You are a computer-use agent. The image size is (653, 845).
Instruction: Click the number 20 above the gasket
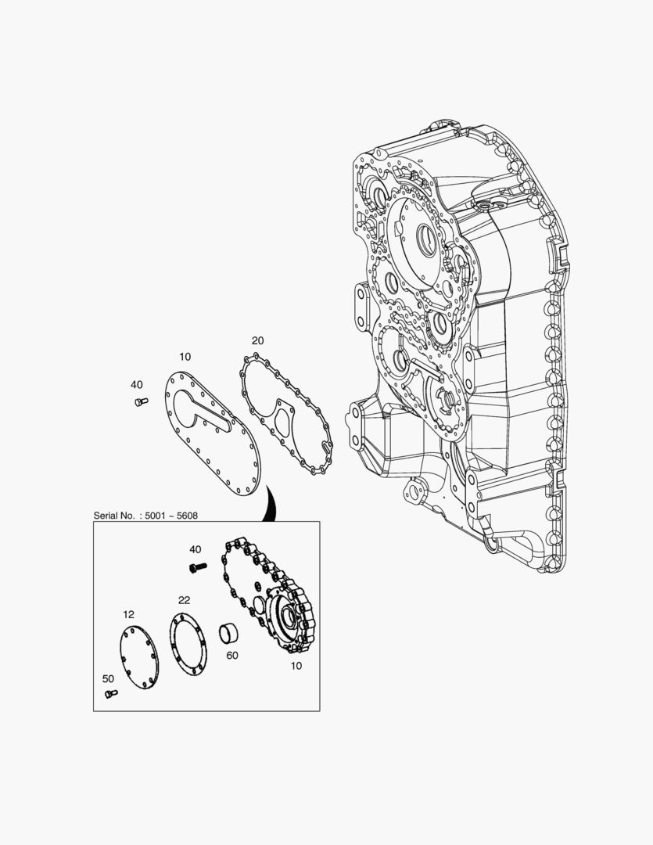[257, 340]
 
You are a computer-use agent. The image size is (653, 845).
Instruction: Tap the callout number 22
[185, 600]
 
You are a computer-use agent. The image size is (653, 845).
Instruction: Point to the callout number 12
[128, 614]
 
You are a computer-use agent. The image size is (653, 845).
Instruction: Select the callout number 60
[232, 656]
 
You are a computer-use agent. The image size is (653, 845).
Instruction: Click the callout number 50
[108, 678]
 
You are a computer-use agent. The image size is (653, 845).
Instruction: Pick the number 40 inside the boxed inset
[195, 549]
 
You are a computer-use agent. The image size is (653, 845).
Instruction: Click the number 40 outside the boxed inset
[137, 385]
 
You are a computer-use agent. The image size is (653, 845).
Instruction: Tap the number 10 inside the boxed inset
[296, 666]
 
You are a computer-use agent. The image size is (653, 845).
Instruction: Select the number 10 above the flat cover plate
[185, 357]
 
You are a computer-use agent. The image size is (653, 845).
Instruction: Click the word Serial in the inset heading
[105, 516]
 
